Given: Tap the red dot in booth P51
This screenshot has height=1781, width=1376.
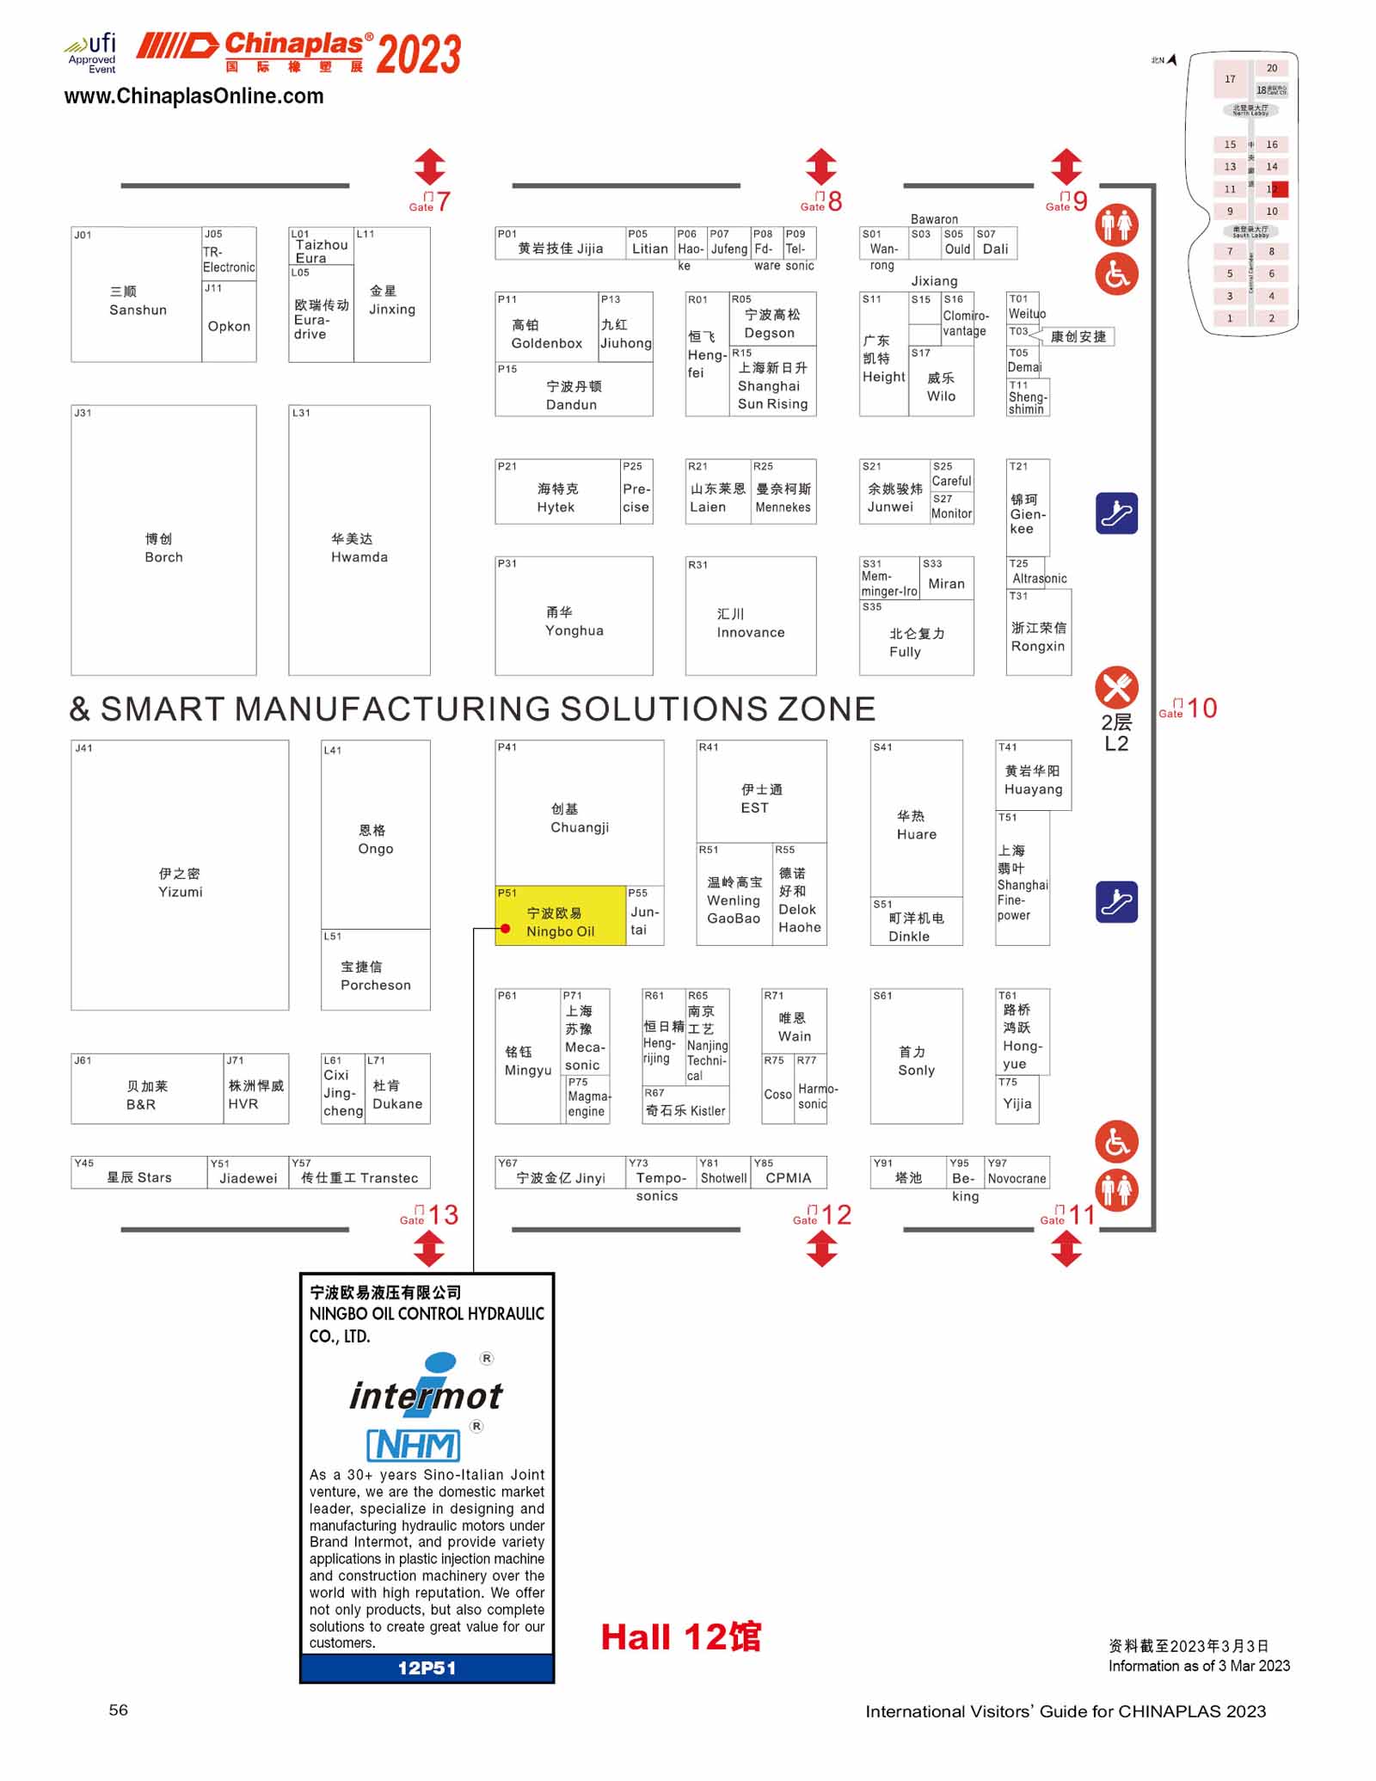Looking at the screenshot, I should coord(506,929).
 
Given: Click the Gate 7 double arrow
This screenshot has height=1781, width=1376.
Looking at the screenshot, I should coord(430,167).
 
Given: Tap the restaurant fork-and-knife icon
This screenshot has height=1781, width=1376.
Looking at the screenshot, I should coord(1116,688).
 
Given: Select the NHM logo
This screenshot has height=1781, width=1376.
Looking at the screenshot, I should coord(414,1445).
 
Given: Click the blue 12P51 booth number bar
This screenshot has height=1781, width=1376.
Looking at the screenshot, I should coord(427,1668).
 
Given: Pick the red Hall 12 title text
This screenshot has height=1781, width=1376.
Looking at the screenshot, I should coord(680,1637).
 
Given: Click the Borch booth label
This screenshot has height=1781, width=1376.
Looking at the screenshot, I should coord(163,548).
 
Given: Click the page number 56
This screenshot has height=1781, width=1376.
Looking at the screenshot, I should coord(119,1710).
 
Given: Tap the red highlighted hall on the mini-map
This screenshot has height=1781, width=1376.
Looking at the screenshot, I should coord(1279,189).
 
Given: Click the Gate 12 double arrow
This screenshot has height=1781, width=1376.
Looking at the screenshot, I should coord(822,1249).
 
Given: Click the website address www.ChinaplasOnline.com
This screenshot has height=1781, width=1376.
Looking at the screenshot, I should coord(193,96).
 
